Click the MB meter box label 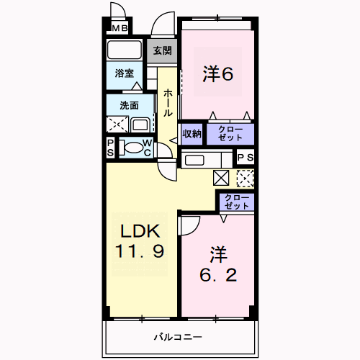pyautogui.click(x=120, y=28)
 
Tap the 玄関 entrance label pyautogui.click(x=163, y=50)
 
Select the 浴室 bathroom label pyautogui.click(x=124, y=73)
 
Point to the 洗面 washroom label pyautogui.click(x=130, y=105)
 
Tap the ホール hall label pyautogui.click(x=168, y=103)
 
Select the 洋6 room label pyautogui.click(x=218, y=74)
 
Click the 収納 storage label pyautogui.click(x=192, y=134)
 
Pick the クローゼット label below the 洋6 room pyautogui.click(x=230, y=133)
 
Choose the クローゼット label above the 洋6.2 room pyautogui.click(x=237, y=202)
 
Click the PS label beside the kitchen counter pyautogui.click(x=246, y=158)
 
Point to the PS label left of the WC pyautogui.click(x=110, y=148)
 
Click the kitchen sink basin pyautogui.click(x=194, y=160)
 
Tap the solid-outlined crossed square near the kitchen pyautogui.click(x=221, y=178)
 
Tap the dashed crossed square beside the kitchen pyautogui.click(x=246, y=178)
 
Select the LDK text pyautogui.click(x=140, y=231)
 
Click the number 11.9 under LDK pyautogui.click(x=140, y=251)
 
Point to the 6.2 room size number pyautogui.click(x=218, y=275)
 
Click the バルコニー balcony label pyautogui.click(x=178, y=337)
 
